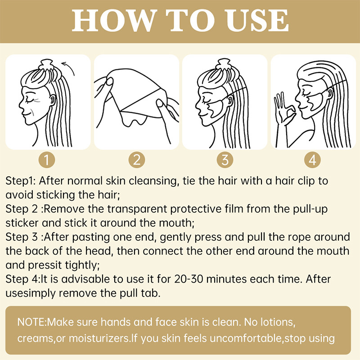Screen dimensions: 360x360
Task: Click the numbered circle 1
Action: point(47,160)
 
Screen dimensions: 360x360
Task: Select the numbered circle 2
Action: point(137,160)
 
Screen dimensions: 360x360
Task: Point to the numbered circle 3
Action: point(225,160)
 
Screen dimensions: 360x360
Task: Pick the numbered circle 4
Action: point(312,160)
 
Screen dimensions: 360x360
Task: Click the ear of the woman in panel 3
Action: point(230,100)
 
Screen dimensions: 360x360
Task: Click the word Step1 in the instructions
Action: point(20,181)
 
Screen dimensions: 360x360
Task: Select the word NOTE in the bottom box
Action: point(31,322)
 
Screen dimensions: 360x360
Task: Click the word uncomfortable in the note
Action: point(245,338)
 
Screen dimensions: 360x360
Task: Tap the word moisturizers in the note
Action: point(99,338)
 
